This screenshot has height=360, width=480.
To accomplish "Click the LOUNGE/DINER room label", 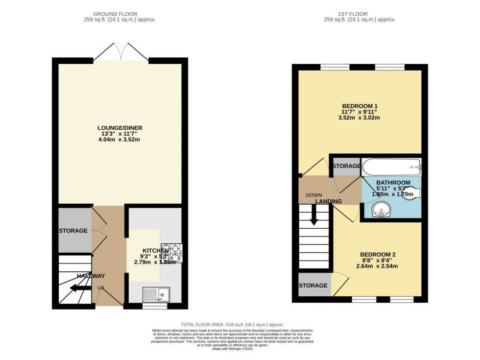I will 120,128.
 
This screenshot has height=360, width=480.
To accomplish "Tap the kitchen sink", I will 156,294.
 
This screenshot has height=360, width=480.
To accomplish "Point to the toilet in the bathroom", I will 414,193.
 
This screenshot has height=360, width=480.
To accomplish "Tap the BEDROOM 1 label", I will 360,106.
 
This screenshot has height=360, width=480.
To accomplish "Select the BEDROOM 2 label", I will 377,254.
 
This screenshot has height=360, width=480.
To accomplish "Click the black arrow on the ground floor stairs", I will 79,288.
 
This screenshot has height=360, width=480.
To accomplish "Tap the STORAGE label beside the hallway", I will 73,231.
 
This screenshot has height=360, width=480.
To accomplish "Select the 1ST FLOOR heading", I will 360,14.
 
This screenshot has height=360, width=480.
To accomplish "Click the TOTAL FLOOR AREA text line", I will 232,324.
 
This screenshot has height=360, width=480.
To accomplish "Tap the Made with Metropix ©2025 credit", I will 232,349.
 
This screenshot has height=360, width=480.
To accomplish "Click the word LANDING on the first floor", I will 329,201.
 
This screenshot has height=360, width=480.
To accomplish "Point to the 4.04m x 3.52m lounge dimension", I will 120,139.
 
